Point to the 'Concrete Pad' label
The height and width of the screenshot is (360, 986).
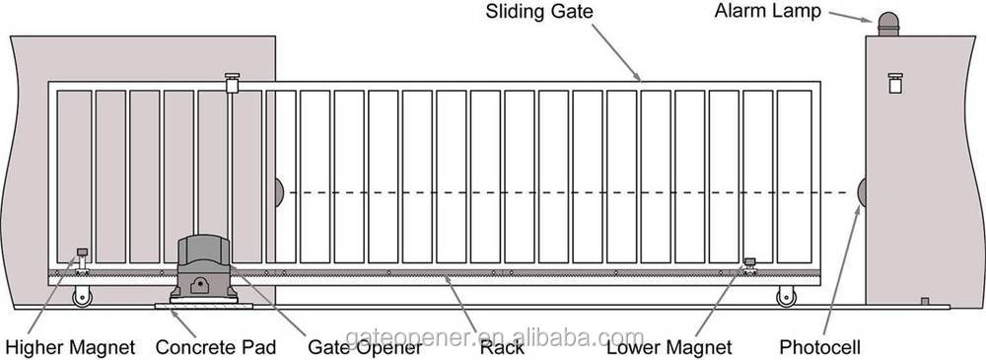coord(216,347)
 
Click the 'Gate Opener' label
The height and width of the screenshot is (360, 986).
coord(358,347)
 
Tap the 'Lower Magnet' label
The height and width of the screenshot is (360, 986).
coord(669,347)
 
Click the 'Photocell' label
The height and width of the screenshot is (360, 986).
coord(820,347)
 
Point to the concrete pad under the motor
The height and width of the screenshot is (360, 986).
coord(203,306)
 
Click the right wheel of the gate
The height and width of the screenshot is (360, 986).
coord(786,295)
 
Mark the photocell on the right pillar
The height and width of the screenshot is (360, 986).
coord(861,192)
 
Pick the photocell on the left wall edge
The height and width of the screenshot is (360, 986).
coord(279,192)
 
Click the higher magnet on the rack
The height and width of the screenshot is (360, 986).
coord(80,258)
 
